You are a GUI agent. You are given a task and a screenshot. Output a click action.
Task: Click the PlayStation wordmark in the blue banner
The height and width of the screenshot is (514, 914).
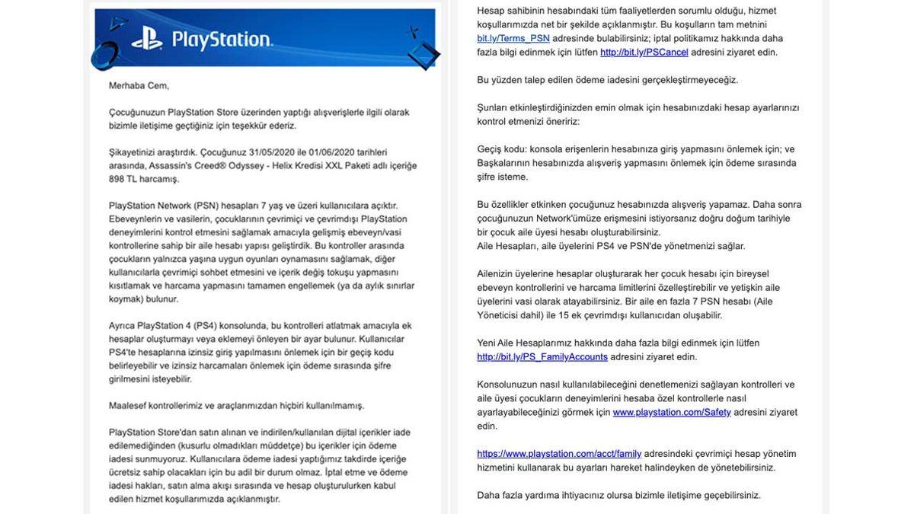click(222, 40)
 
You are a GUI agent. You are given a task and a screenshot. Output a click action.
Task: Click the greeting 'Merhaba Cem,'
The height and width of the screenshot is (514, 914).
click(139, 85)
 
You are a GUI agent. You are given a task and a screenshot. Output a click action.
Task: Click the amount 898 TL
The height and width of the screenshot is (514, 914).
click(123, 178)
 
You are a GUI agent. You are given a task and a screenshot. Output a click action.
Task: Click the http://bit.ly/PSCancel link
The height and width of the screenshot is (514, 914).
click(644, 52)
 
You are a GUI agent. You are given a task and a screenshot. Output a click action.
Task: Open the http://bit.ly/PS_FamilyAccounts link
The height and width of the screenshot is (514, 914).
click(542, 356)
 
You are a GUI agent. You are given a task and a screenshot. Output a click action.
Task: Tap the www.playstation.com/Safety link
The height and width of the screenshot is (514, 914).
click(672, 412)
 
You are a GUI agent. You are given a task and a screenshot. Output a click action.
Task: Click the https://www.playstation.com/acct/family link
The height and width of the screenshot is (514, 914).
click(559, 454)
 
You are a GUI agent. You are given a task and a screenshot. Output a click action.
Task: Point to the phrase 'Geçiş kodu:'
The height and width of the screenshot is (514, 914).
click(503, 149)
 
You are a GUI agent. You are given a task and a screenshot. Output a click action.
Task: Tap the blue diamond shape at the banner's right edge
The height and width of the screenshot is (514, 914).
click(423, 55)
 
